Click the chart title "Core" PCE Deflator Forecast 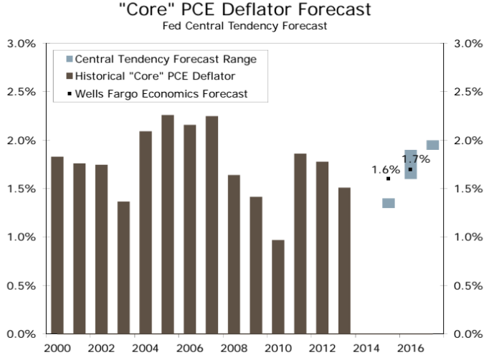pyautogui.click(x=244, y=11)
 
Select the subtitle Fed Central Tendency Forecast pyautogui.click(x=244, y=27)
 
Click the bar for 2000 pyautogui.click(x=57, y=245)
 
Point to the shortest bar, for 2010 pyautogui.click(x=278, y=286)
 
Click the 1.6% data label pyautogui.click(x=385, y=170)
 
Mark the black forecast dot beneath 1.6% pyautogui.click(x=388, y=179)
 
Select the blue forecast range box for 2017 pyautogui.click(x=432, y=145)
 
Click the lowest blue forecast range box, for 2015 pyautogui.click(x=389, y=203)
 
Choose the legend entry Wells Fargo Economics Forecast pyautogui.click(x=161, y=94)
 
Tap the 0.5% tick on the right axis pyautogui.click(x=467, y=285)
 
